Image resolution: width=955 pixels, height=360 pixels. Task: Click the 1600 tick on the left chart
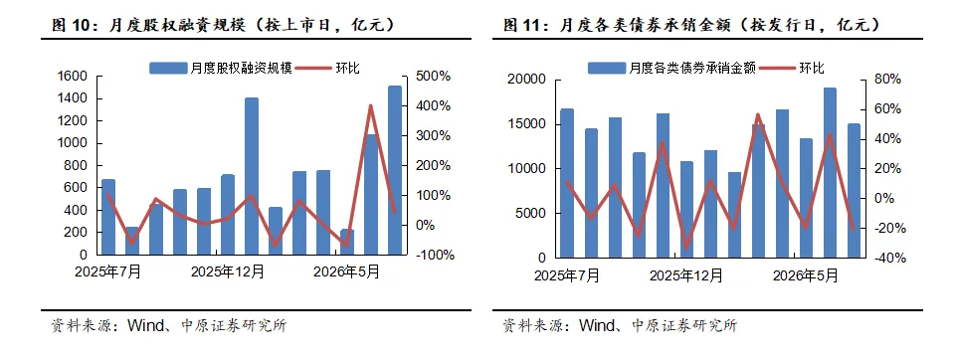pos(73,77)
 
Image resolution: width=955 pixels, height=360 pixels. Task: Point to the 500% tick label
pos(433,77)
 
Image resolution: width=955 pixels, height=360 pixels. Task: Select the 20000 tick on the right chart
pos(524,80)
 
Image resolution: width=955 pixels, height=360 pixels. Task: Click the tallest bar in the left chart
pos(395,170)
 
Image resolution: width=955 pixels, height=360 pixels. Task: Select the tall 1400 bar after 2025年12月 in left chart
pos(252,176)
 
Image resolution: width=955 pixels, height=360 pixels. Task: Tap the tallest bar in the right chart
pos(830,172)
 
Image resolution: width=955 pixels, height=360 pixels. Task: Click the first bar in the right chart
pos(566,183)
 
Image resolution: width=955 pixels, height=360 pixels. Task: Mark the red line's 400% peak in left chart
pos(371,106)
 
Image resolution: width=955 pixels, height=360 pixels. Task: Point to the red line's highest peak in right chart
pos(758,114)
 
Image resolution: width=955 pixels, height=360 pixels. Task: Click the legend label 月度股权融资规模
pos(241,68)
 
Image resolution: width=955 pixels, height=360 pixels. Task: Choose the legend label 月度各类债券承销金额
pos(692,68)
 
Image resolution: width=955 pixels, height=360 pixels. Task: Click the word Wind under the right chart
pos(595,325)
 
